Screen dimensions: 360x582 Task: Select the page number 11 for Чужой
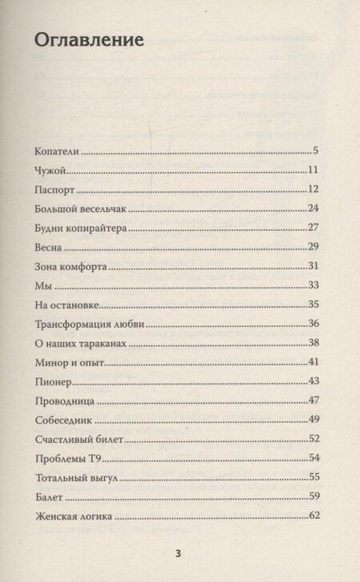pos(314,169)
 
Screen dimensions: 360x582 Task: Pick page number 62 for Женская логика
pos(314,516)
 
